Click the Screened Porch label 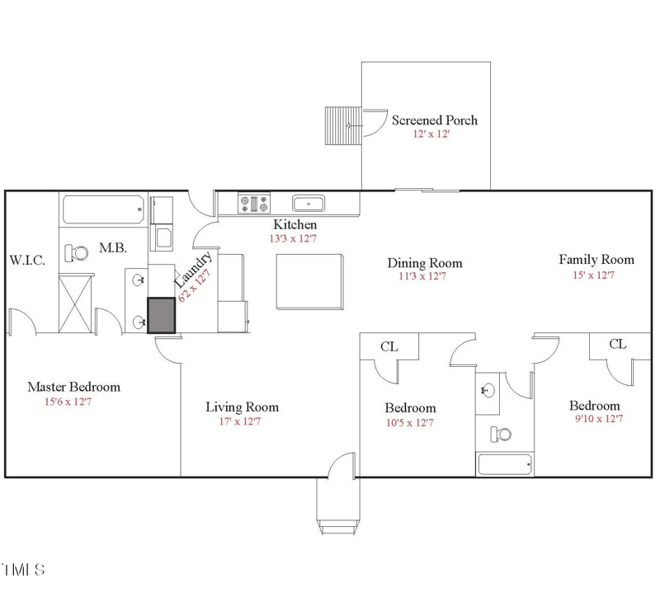click(x=434, y=120)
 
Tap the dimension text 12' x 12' click(x=431, y=134)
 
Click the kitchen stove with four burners click(x=255, y=203)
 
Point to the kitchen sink click(x=309, y=203)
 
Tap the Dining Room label click(x=424, y=263)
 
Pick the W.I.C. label click(x=27, y=260)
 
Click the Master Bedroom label click(x=73, y=387)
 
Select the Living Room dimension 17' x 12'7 click(x=241, y=421)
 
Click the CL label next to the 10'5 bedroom click(x=389, y=347)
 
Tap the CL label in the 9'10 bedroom click(x=617, y=344)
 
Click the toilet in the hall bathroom click(x=500, y=433)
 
